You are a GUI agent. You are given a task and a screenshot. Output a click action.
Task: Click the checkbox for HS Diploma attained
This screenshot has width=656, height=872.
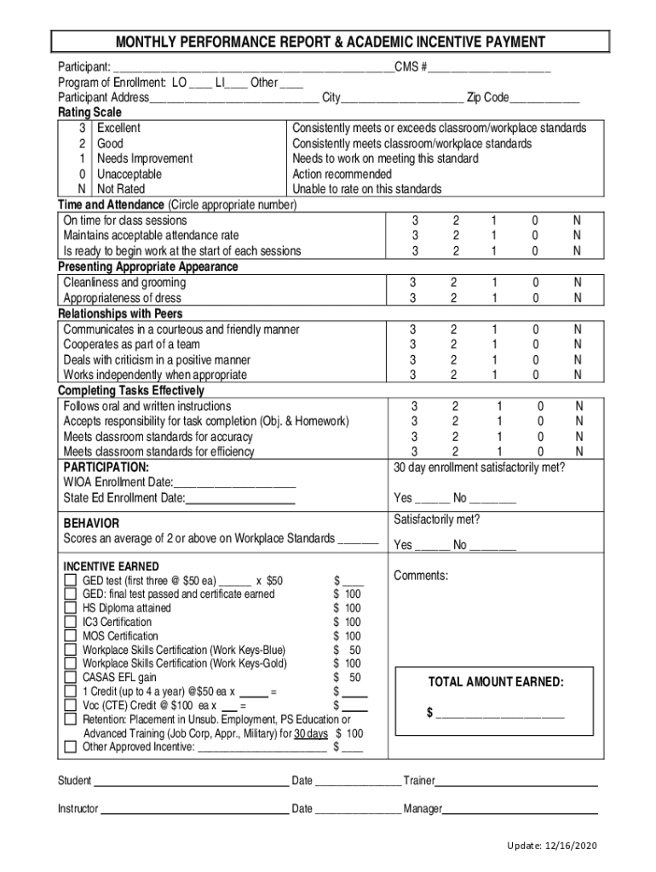point(71,608)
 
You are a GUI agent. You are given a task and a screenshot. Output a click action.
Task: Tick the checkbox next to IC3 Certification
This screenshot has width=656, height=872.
point(71,622)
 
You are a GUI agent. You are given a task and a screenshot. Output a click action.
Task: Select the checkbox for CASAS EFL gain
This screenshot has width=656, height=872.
point(71,678)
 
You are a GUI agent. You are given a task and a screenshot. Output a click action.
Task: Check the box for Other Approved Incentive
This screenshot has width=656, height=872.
point(71,748)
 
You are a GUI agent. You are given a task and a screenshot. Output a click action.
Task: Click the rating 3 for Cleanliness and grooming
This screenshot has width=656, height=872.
point(413,283)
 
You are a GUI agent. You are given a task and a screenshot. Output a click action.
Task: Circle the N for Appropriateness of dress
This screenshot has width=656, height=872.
point(578,298)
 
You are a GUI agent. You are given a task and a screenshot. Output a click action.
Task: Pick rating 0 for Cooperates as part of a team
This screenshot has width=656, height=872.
point(536,345)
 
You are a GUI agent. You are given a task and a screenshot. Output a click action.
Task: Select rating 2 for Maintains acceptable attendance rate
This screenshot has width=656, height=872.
point(456,235)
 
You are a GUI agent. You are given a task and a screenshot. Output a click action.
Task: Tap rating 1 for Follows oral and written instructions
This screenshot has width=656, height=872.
point(499,406)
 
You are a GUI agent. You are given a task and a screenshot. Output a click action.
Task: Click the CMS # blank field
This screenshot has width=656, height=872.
point(490,67)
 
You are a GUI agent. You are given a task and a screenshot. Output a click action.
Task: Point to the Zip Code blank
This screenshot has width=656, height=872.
point(544,98)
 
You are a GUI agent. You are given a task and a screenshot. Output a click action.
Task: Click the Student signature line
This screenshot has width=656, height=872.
point(191,781)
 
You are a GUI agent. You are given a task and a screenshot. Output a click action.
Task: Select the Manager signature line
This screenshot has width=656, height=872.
point(520,808)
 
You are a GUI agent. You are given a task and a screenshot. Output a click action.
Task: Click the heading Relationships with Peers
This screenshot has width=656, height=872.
point(120,313)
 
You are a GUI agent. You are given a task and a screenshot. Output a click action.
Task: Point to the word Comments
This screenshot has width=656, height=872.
point(420,576)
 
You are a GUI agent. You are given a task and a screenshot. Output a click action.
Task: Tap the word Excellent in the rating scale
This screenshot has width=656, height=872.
point(119,128)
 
